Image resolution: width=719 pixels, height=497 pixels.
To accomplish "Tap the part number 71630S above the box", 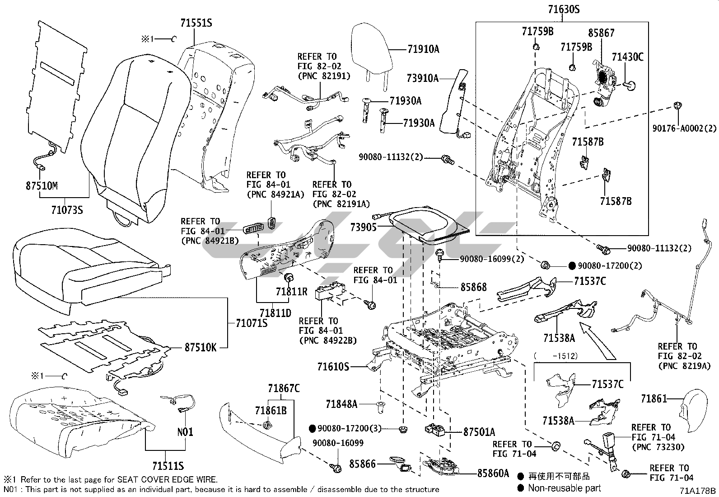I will [564, 9].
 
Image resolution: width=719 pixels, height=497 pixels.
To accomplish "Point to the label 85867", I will [601, 33].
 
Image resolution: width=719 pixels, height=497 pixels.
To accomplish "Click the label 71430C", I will [627, 57].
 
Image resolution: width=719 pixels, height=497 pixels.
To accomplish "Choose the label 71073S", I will [67, 210].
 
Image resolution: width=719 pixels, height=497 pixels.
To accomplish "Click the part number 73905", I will [363, 227].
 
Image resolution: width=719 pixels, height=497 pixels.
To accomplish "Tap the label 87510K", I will [200, 347].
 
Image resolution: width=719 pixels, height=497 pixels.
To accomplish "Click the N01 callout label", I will [185, 431].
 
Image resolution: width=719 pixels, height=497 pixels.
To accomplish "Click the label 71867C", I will [283, 388].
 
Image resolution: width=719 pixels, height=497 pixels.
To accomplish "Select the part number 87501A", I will [479, 432].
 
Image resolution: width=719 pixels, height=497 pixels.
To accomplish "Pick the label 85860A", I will [493, 473].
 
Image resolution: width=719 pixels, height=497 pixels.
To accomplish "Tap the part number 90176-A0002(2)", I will [684, 129].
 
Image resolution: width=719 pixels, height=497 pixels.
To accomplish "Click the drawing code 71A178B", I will [699, 490].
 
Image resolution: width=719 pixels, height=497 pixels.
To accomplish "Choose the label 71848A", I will [341, 404].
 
